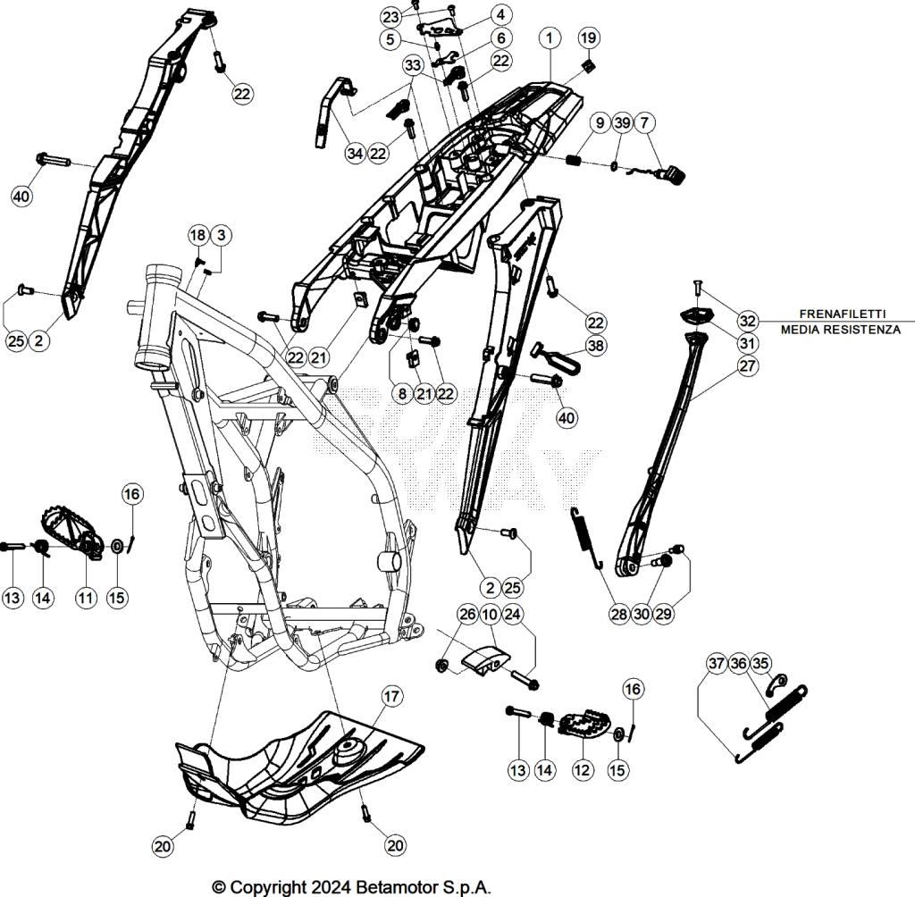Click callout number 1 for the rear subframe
pyautogui.click(x=550, y=38)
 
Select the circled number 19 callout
pyautogui.click(x=588, y=38)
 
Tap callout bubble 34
pyautogui.click(x=356, y=154)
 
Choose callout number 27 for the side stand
pyautogui.click(x=747, y=365)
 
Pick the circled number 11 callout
pyautogui.click(x=85, y=598)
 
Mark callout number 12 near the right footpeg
pyautogui.click(x=582, y=768)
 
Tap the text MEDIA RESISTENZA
pyautogui.click(x=840, y=330)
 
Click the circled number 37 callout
pyautogui.click(x=717, y=663)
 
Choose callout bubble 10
pyautogui.click(x=491, y=615)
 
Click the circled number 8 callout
pyautogui.click(x=402, y=392)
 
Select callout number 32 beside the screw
pyautogui.click(x=747, y=321)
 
